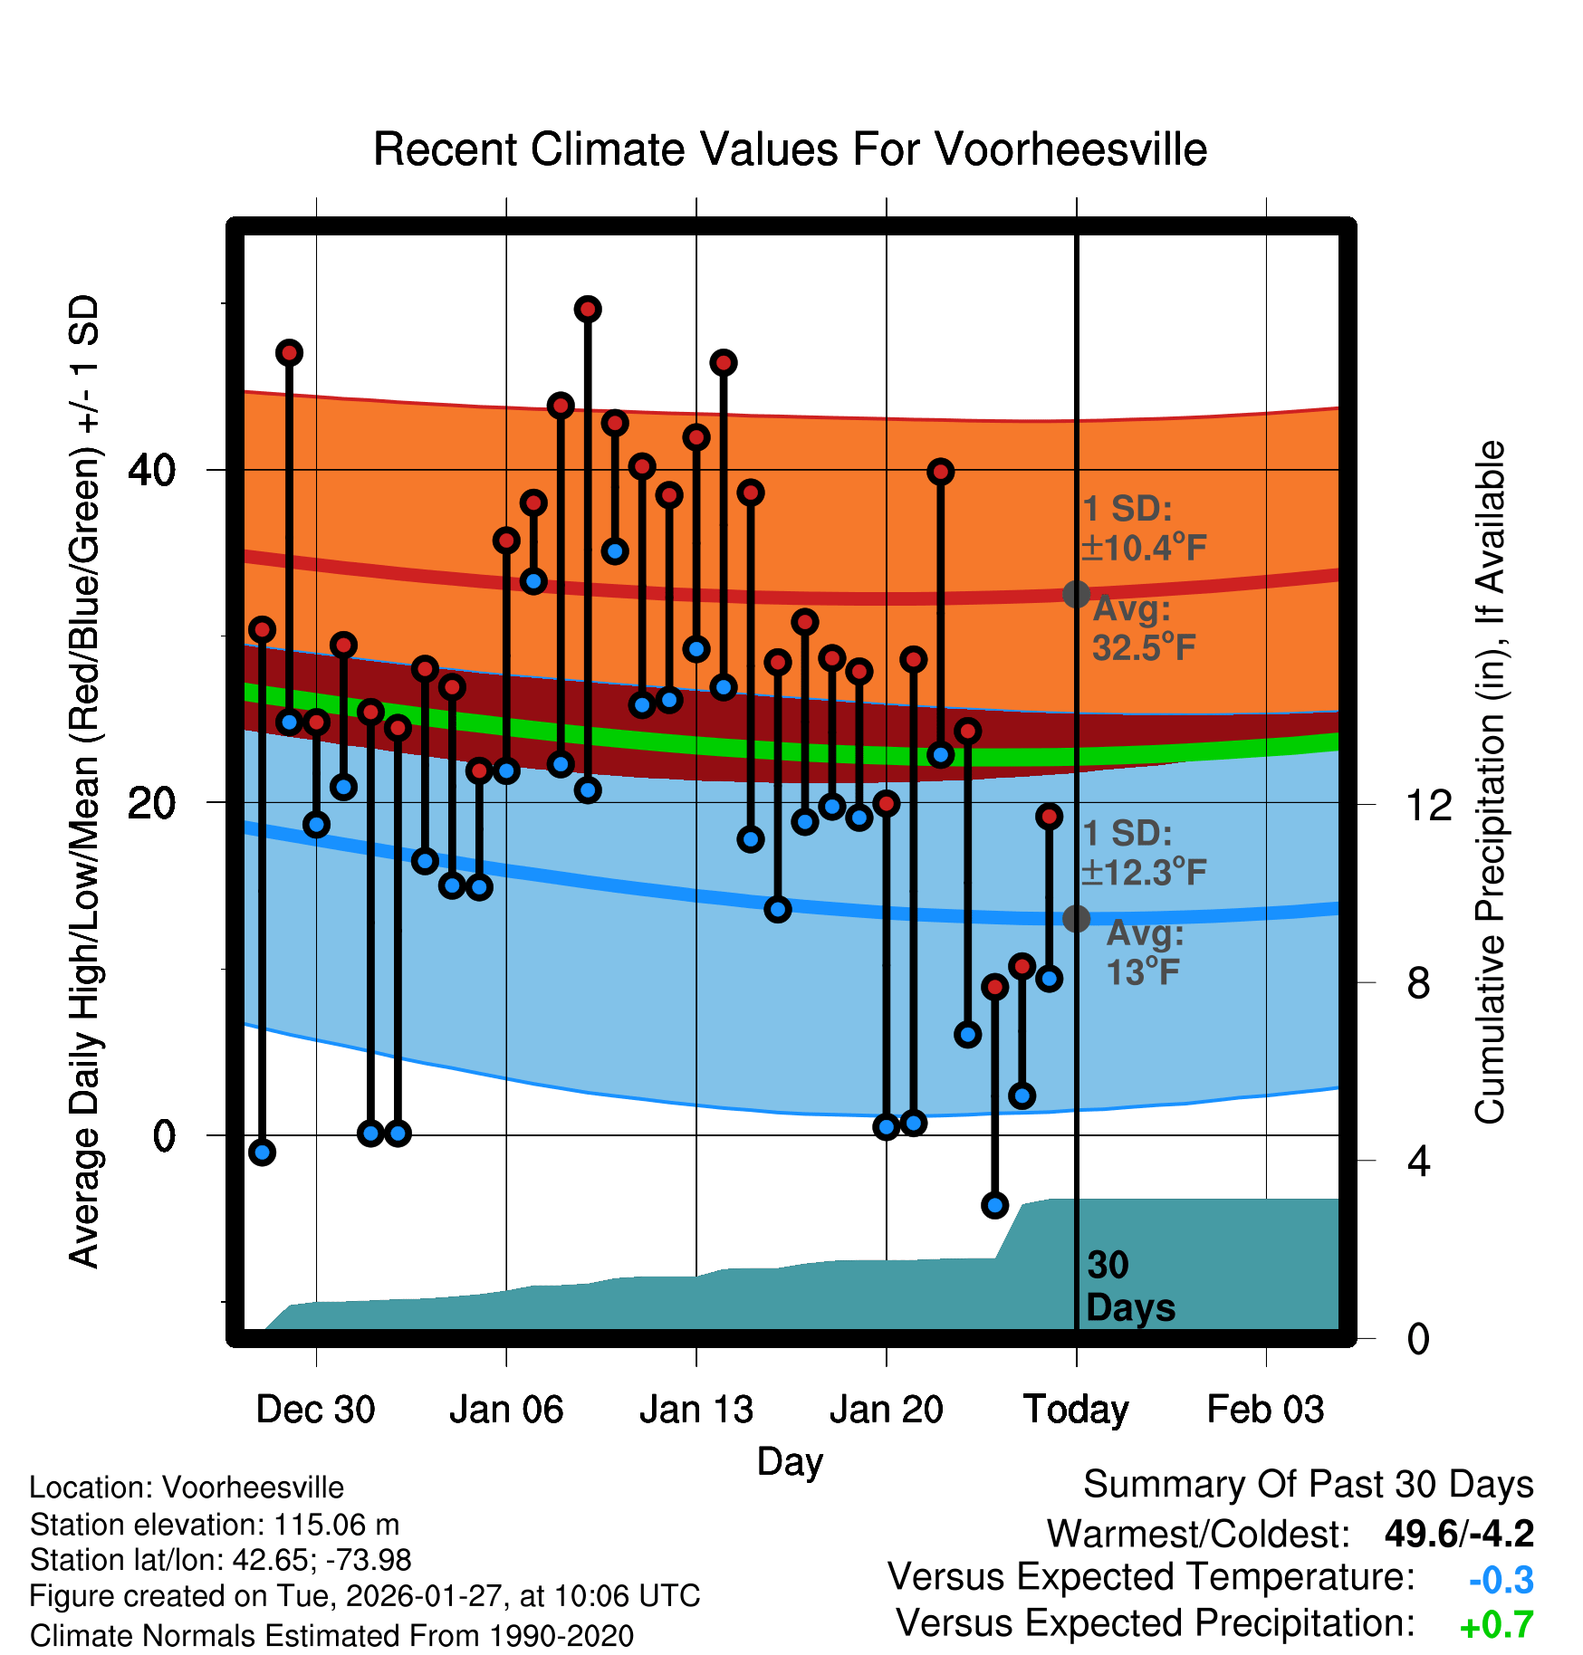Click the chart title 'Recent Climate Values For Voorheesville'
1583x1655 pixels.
click(x=790, y=149)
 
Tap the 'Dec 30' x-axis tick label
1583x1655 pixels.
click(x=315, y=1410)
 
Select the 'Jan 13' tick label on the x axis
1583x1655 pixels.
click(x=696, y=1410)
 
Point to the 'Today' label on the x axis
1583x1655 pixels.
click(x=1076, y=1410)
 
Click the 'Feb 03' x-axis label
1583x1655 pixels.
click(x=1265, y=1410)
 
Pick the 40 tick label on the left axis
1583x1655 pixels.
click(x=152, y=470)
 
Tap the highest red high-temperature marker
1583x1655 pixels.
click(x=588, y=310)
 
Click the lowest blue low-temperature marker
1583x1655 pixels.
click(x=995, y=1205)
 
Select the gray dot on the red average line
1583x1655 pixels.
click(x=1076, y=594)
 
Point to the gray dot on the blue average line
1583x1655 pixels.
click(x=1076, y=918)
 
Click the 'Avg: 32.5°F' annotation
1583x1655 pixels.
click(x=1143, y=628)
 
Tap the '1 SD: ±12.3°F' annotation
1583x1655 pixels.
click(x=1143, y=853)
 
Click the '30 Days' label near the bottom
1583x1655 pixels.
click(x=1129, y=1287)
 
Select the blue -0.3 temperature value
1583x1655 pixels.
click(x=1501, y=1580)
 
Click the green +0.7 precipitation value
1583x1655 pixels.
click(x=1496, y=1625)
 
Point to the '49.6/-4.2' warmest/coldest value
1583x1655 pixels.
click(x=1459, y=1534)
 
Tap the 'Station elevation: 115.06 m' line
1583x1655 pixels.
click(x=215, y=1525)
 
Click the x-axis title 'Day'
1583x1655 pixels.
click(x=790, y=1461)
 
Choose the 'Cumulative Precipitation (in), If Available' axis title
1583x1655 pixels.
click(x=1490, y=783)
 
